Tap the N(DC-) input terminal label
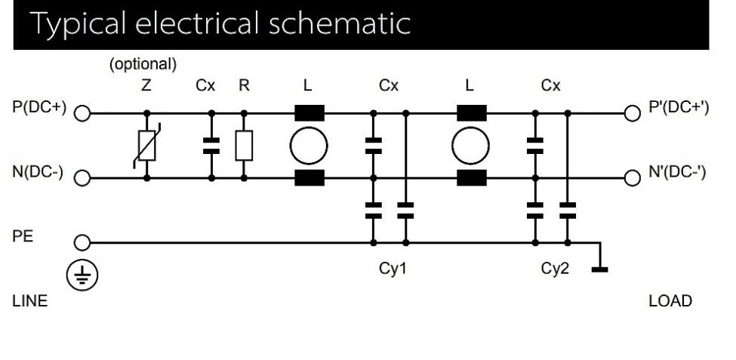[x=39, y=173]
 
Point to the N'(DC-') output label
[x=678, y=173]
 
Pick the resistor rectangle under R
[x=244, y=146]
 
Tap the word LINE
[x=30, y=302]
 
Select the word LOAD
[x=670, y=302]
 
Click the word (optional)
[x=143, y=65]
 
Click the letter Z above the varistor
[x=146, y=86]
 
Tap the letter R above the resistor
[x=244, y=86]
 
